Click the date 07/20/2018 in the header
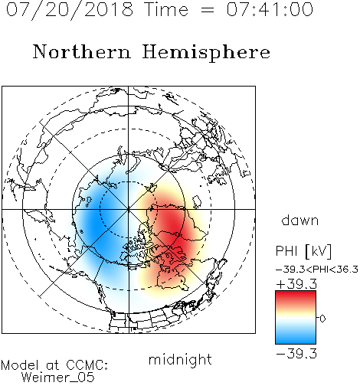[70, 10]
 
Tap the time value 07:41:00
[270, 9]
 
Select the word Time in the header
[166, 9]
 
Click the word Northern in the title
[82, 51]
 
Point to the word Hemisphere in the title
[206, 53]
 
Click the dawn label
[300, 220]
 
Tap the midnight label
[180, 360]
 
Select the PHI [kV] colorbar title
[303, 251]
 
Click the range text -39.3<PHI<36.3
[317, 270]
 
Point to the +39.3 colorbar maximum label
[296, 284]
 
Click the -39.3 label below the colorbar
[296, 354]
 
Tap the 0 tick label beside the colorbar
[322, 319]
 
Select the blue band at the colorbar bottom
[296, 338]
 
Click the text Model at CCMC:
[54, 365]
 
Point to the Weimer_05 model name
[58, 378]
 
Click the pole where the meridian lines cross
[129, 210]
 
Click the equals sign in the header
[207, 10]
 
